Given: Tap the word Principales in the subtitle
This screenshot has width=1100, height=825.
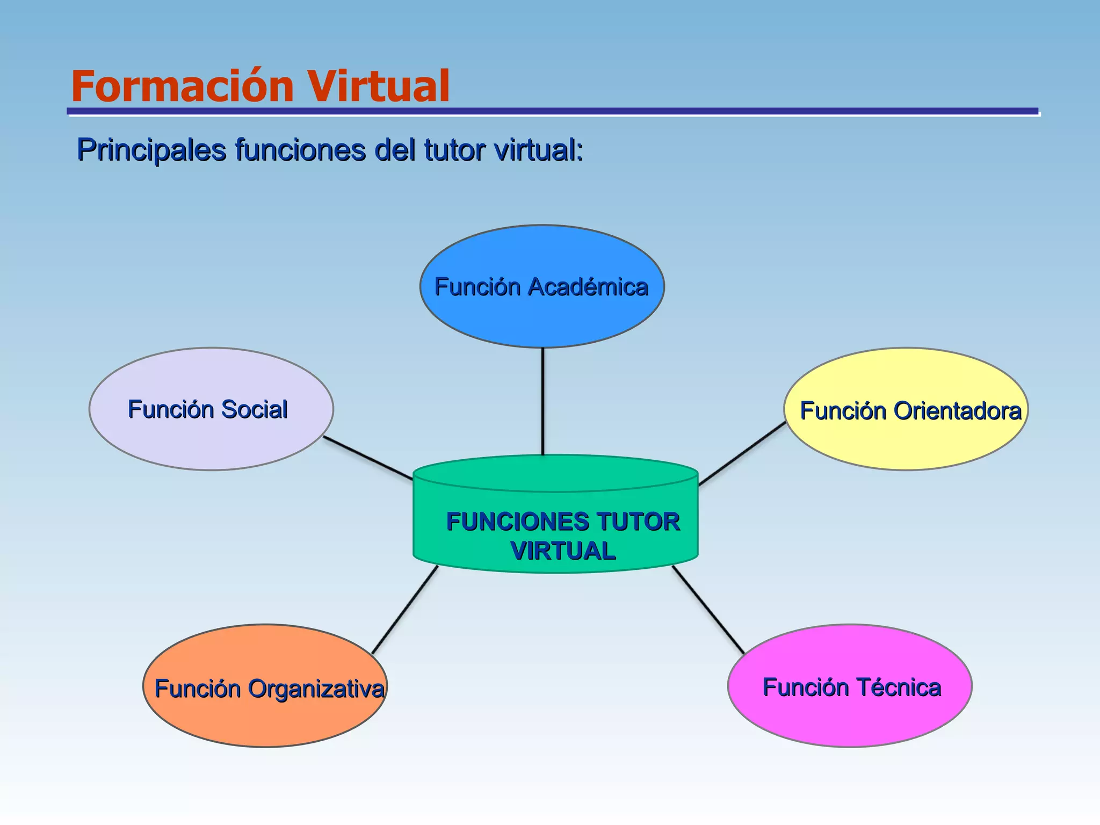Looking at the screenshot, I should click(x=151, y=149).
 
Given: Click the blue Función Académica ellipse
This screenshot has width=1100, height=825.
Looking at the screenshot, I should click(x=542, y=317).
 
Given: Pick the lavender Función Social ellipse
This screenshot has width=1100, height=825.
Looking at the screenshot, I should click(x=211, y=440).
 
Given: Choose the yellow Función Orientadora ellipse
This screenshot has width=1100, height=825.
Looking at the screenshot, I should click(x=906, y=440).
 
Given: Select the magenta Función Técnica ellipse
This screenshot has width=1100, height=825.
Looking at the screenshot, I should click(x=850, y=717).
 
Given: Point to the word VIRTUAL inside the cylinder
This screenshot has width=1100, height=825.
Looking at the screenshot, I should click(x=563, y=551).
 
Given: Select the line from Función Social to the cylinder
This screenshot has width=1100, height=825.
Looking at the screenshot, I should click(x=367, y=458).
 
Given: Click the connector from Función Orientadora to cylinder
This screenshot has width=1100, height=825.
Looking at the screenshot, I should click(x=742, y=454).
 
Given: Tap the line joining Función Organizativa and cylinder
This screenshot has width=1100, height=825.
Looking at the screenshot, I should click(x=405, y=610).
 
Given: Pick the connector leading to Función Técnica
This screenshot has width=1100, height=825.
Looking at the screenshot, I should click(x=708, y=610).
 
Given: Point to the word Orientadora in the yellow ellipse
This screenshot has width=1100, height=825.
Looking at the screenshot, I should click(x=957, y=411).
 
